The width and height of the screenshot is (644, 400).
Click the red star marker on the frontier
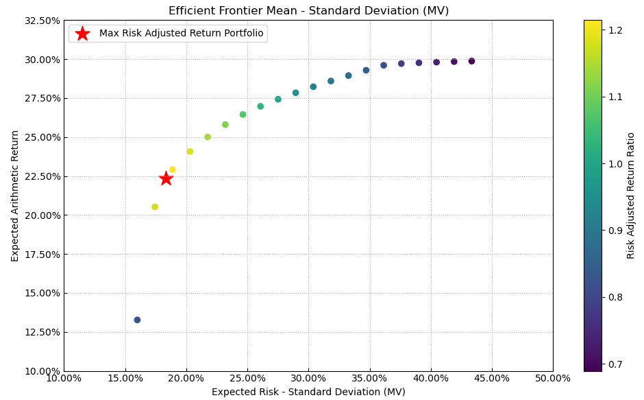[166, 178]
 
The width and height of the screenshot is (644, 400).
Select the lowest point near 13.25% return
[137, 320]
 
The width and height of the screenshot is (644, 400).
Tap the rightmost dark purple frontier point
[471, 61]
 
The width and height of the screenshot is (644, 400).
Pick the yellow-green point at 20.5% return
[155, 207]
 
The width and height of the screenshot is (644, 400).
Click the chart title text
[308, 11]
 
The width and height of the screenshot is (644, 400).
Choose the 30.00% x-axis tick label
[308, 378]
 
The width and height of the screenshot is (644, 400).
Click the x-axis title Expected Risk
[308, 392]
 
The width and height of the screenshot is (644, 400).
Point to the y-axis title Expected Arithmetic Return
[15, 196]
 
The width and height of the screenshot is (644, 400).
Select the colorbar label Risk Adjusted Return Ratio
[631, 196]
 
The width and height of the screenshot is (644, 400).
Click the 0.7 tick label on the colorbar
[616, 364]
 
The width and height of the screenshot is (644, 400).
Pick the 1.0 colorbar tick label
[616, 163]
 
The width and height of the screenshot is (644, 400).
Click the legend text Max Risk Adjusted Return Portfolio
[181, 34]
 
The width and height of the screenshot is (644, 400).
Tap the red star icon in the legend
[82, 34]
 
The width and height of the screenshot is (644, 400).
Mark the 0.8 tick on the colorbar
[616, 297]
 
